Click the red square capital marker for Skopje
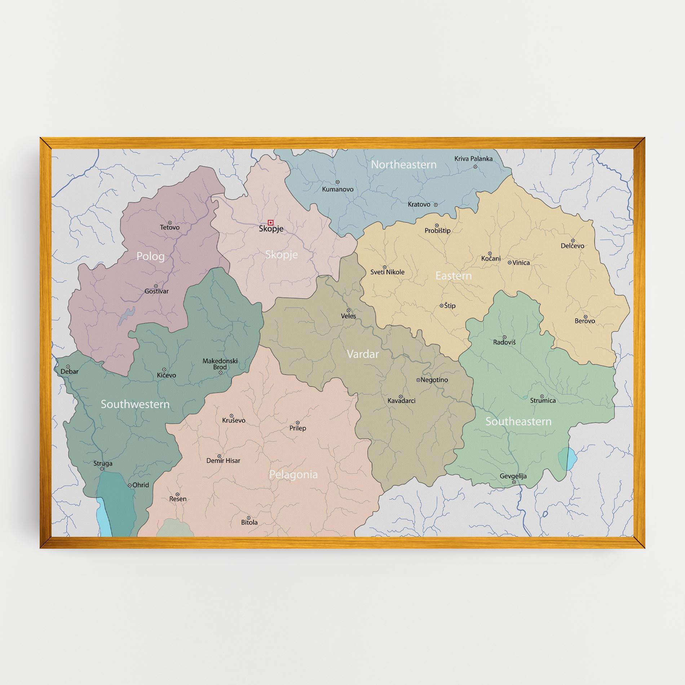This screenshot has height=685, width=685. pos(270,222)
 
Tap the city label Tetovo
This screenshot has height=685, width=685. pos(170,227)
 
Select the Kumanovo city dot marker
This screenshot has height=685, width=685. pos(337,182)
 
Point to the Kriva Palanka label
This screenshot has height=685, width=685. pos(473,159)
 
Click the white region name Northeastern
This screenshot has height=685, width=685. pos(404,165)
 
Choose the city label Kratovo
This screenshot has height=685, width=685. pos(419,204)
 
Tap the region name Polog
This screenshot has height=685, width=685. pos(151,256)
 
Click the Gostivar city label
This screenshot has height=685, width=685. pos(156,291)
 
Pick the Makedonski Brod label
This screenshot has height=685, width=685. pos(220,364)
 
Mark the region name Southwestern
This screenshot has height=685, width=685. pos(135,404)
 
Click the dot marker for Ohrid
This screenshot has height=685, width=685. pos(130,485)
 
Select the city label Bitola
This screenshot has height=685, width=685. pos(249,522)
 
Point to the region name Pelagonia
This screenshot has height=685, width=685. pos(293,474)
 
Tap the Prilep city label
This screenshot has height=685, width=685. pos(298,428)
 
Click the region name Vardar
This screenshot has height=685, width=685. pos(363,354)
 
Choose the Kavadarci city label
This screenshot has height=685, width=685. pos(402,401)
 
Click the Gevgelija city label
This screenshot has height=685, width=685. pos(513,476)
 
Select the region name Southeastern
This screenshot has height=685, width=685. pos(518,421)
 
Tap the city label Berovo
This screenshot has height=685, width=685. pos(585,321)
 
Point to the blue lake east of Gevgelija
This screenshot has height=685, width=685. pos(567,459)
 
